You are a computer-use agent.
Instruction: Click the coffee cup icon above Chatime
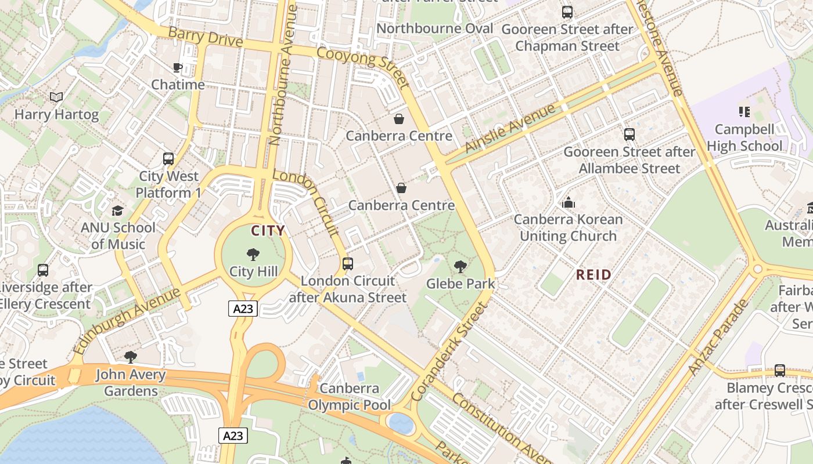(178, 68)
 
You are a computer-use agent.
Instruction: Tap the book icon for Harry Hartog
(56, 97)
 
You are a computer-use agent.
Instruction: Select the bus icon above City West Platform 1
(168, 158)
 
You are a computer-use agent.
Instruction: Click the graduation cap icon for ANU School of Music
(118, 211)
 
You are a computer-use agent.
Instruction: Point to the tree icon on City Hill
(253, 254)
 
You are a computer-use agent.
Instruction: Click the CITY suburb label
(268, 231)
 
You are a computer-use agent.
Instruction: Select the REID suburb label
(593, 275)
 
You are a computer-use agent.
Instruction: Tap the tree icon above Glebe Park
(461, 267)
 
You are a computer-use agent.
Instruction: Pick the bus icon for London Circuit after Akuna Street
(348, 264)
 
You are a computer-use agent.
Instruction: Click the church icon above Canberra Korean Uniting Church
(569, 202)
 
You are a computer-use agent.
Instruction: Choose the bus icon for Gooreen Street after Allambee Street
(629, 135)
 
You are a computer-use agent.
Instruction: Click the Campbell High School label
(744, 137)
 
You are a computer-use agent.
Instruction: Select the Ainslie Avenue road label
(510, 129)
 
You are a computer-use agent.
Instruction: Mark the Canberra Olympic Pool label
(350, 397)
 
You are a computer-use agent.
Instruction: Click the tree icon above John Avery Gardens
(131, 357)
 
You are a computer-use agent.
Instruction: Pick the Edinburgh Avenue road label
(127, 321)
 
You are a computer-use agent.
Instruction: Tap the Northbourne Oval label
(435, 28)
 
